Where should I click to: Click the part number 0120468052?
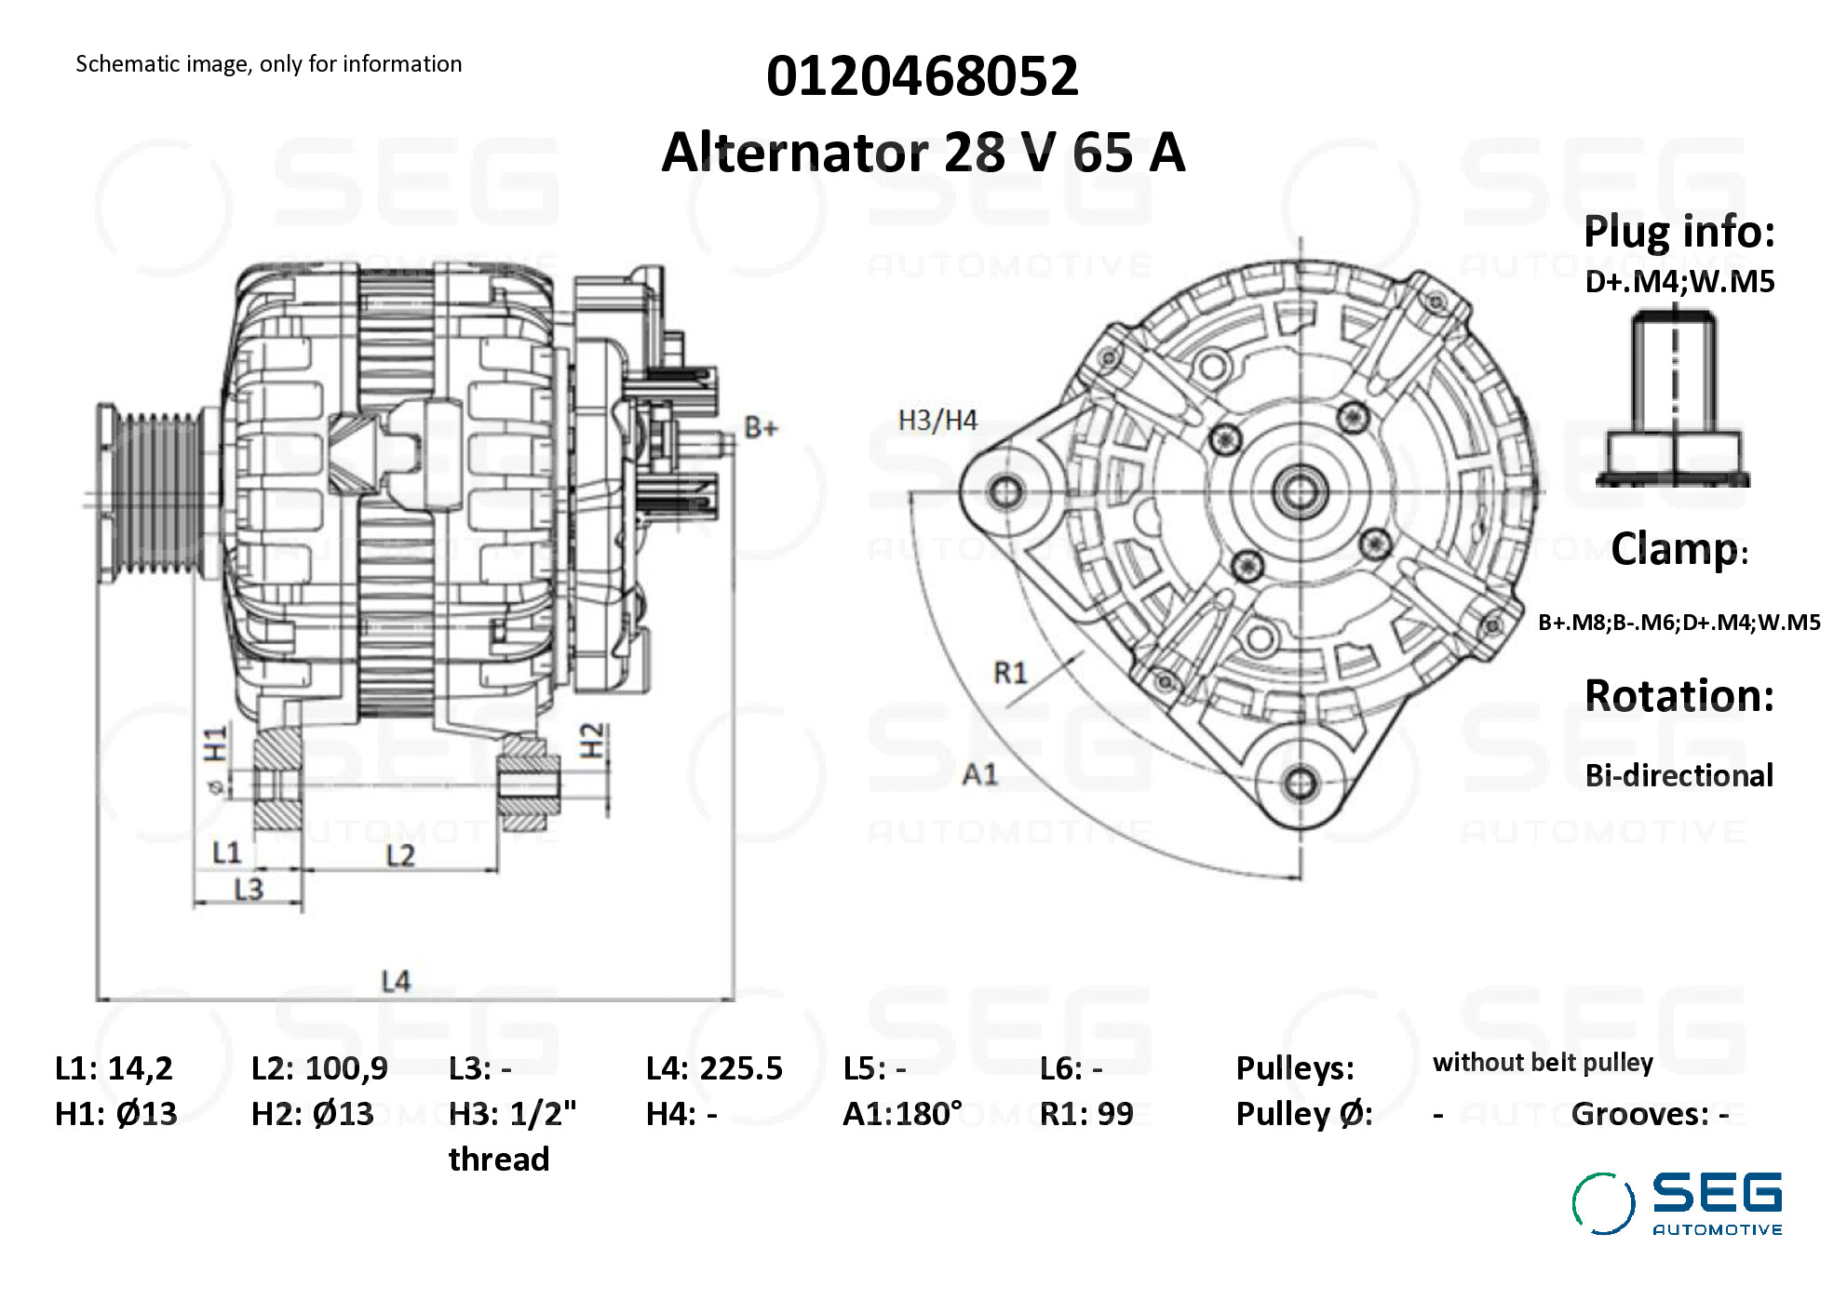922,75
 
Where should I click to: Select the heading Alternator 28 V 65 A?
923,152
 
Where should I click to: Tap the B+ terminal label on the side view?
761,428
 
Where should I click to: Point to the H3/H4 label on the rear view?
937,421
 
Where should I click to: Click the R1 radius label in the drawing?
1010,672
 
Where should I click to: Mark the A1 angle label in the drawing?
979,774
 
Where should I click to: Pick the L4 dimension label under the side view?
396,981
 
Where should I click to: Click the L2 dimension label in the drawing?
400,855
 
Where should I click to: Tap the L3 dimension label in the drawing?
249,890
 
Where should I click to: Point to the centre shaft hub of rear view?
1301,490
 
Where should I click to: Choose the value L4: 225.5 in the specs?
714,1068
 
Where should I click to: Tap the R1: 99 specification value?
1086,1114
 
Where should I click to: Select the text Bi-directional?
1678,775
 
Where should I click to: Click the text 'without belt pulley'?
1543,1063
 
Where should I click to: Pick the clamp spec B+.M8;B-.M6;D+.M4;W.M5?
1678,623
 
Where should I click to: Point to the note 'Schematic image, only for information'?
268,64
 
